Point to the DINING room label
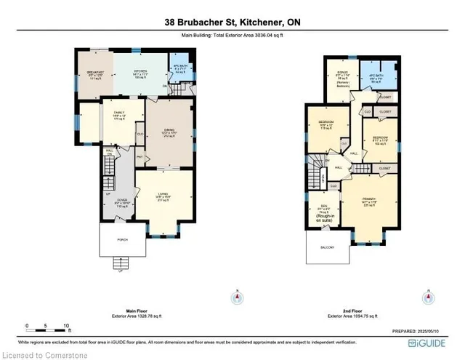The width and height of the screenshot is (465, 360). (x=169, y=131)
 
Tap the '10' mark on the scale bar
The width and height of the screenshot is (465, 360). (x=66, y=326)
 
